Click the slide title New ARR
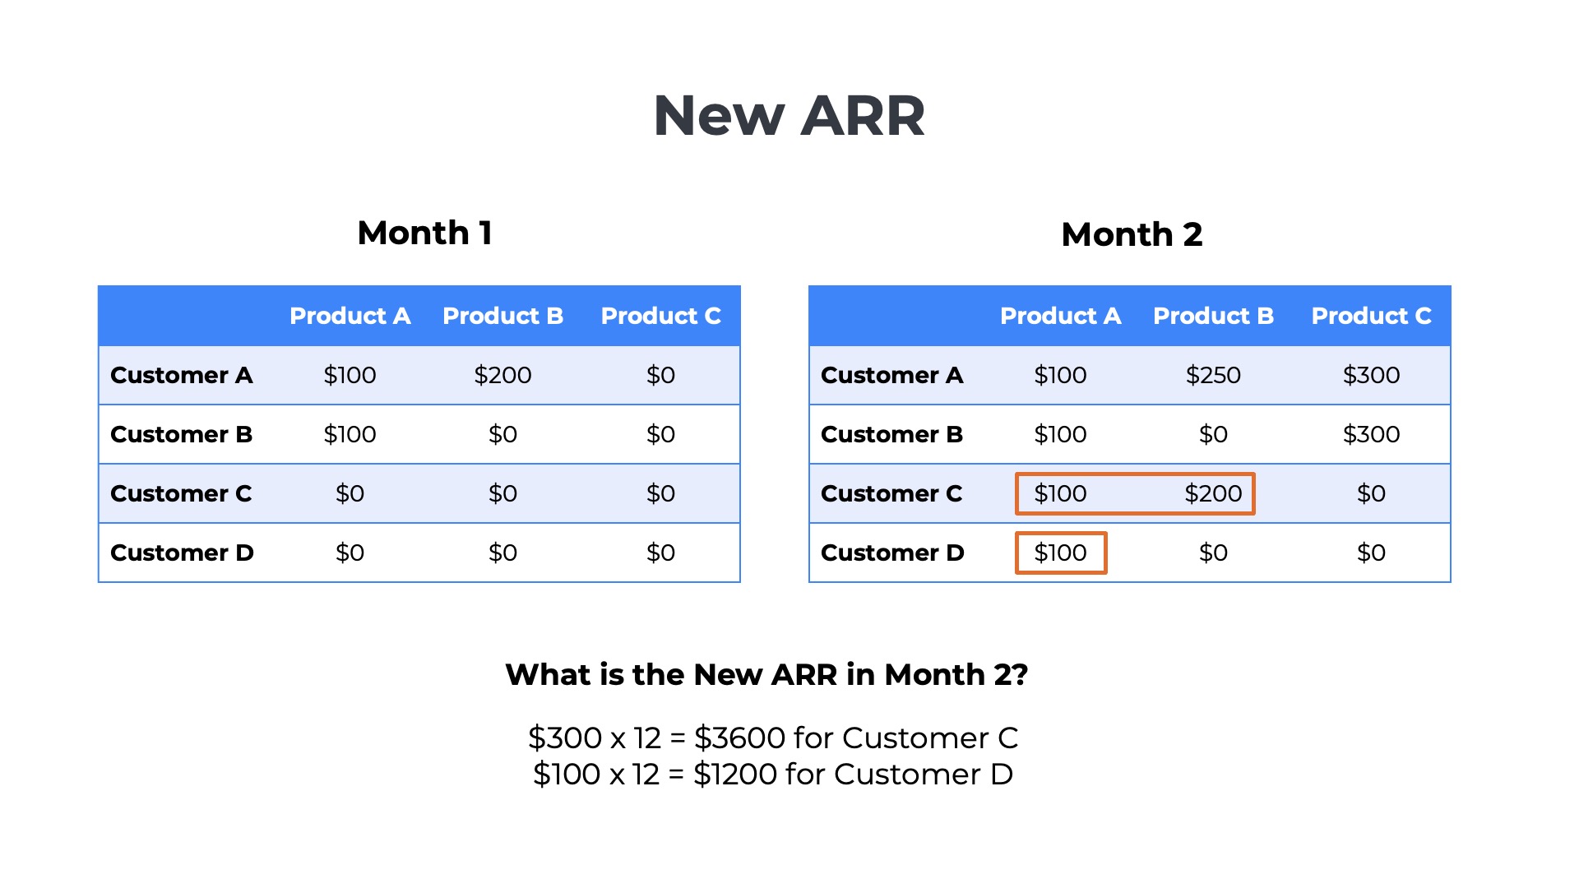[789, 116]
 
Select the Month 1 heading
[424, 234]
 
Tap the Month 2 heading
[1132, 235]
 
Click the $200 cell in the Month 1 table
[502, 376]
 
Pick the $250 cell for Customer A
[1213, 376]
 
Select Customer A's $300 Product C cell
[1371, 376]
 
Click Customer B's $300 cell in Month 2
[1371, 435]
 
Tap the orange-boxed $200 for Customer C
[1213, 494]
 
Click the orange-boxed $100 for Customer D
[1060, 553]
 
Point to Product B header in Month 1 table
[502, 317]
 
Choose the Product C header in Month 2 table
[1371, 317]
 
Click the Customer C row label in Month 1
[181, 494]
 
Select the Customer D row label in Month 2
[892, 553]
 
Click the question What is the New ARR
[766, 675]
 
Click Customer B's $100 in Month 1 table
[350, 435]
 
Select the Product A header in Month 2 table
[1060, 317]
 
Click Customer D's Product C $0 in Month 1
[660, 553]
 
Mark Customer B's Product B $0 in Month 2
[1213, 435]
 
